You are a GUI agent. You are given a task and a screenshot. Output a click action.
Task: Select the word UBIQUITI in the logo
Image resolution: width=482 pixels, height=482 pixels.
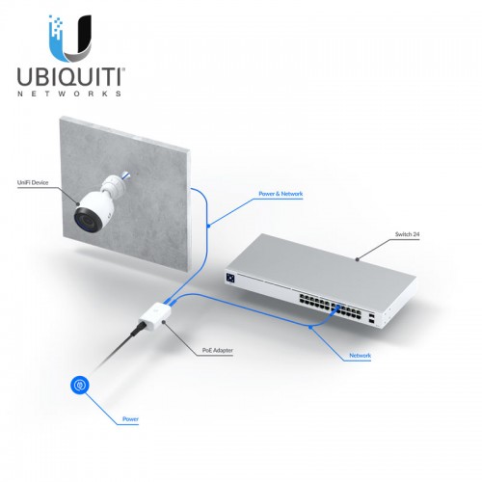(x=70, y=77)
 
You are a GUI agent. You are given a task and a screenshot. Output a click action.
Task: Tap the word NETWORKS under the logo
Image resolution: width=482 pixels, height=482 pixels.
(x=69, y=94)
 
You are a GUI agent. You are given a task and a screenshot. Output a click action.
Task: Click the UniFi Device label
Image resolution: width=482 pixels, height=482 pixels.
(x=33, y=182)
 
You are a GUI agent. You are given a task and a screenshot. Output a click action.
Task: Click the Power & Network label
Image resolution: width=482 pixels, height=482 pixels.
(x=281, y=194)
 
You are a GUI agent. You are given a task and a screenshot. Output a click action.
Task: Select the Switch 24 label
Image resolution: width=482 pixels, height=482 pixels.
(x=407, y=234)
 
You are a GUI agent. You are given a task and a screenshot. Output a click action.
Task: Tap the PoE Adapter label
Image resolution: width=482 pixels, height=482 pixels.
(x=218, y=350)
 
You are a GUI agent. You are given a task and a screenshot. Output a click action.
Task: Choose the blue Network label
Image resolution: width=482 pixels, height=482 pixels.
(x=360, y=356)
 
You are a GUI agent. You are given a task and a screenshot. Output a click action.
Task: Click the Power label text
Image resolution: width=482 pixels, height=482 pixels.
(x=130, y=419)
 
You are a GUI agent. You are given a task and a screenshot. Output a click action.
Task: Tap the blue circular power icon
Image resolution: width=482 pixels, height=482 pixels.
(x=80, y=385)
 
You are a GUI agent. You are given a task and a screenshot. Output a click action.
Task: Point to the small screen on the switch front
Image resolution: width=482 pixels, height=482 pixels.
(x=230, y=278)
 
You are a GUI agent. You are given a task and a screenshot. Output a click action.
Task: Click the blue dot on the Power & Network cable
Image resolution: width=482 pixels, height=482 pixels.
(x=208, y=226)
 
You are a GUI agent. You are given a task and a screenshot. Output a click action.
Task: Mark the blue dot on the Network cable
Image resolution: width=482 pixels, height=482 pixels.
(x=310, y=327)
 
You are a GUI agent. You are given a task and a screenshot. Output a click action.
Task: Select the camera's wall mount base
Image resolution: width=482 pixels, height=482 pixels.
(x=113, y=186)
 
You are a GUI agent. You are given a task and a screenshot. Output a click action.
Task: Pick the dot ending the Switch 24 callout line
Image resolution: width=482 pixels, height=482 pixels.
(x=357, y=259)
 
